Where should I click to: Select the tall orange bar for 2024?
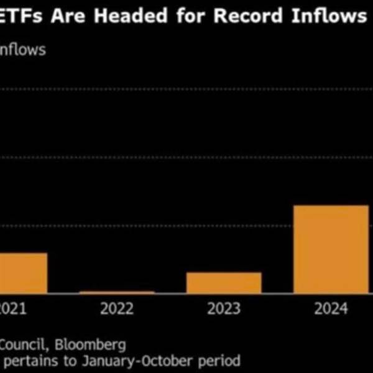tap(331, 249)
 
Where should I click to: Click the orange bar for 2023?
tap(224, 282)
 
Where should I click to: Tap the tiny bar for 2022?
tap(117, 292)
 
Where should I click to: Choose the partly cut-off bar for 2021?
tap(23, 272)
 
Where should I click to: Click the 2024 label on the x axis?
tap(330, 309)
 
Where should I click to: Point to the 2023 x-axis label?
tap(223, 309)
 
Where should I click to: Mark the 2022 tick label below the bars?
tap(116, 309)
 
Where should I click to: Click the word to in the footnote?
tap(70, 360)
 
